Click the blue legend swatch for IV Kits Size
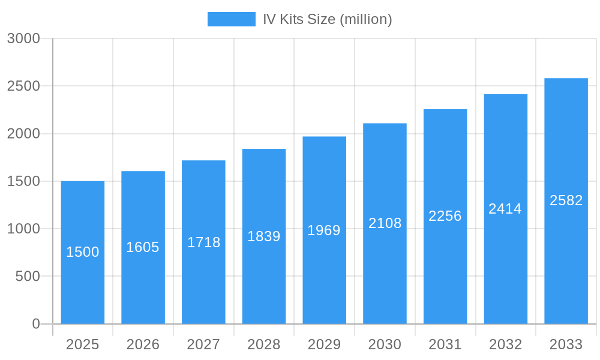tap(231, 19)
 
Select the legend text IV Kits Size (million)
tap(327, 19)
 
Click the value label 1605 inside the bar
tap(143, 247)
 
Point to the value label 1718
tap(203, 242)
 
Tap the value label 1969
tap(324, 230)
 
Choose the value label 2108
tap(385, 223)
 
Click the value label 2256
tap(445, 216)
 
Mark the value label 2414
tap(505, 209)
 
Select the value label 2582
tap(566, 200)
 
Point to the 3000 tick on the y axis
tap(23, 38)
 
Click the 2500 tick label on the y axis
tap(23, 86)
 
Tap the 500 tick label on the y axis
tap(28, 277)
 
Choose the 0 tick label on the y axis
tap(36, 324)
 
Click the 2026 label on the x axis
tap(143, 344)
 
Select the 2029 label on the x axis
tap(324, 344)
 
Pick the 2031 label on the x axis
tap(445, 344)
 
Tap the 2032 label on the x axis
tap(505, 344)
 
